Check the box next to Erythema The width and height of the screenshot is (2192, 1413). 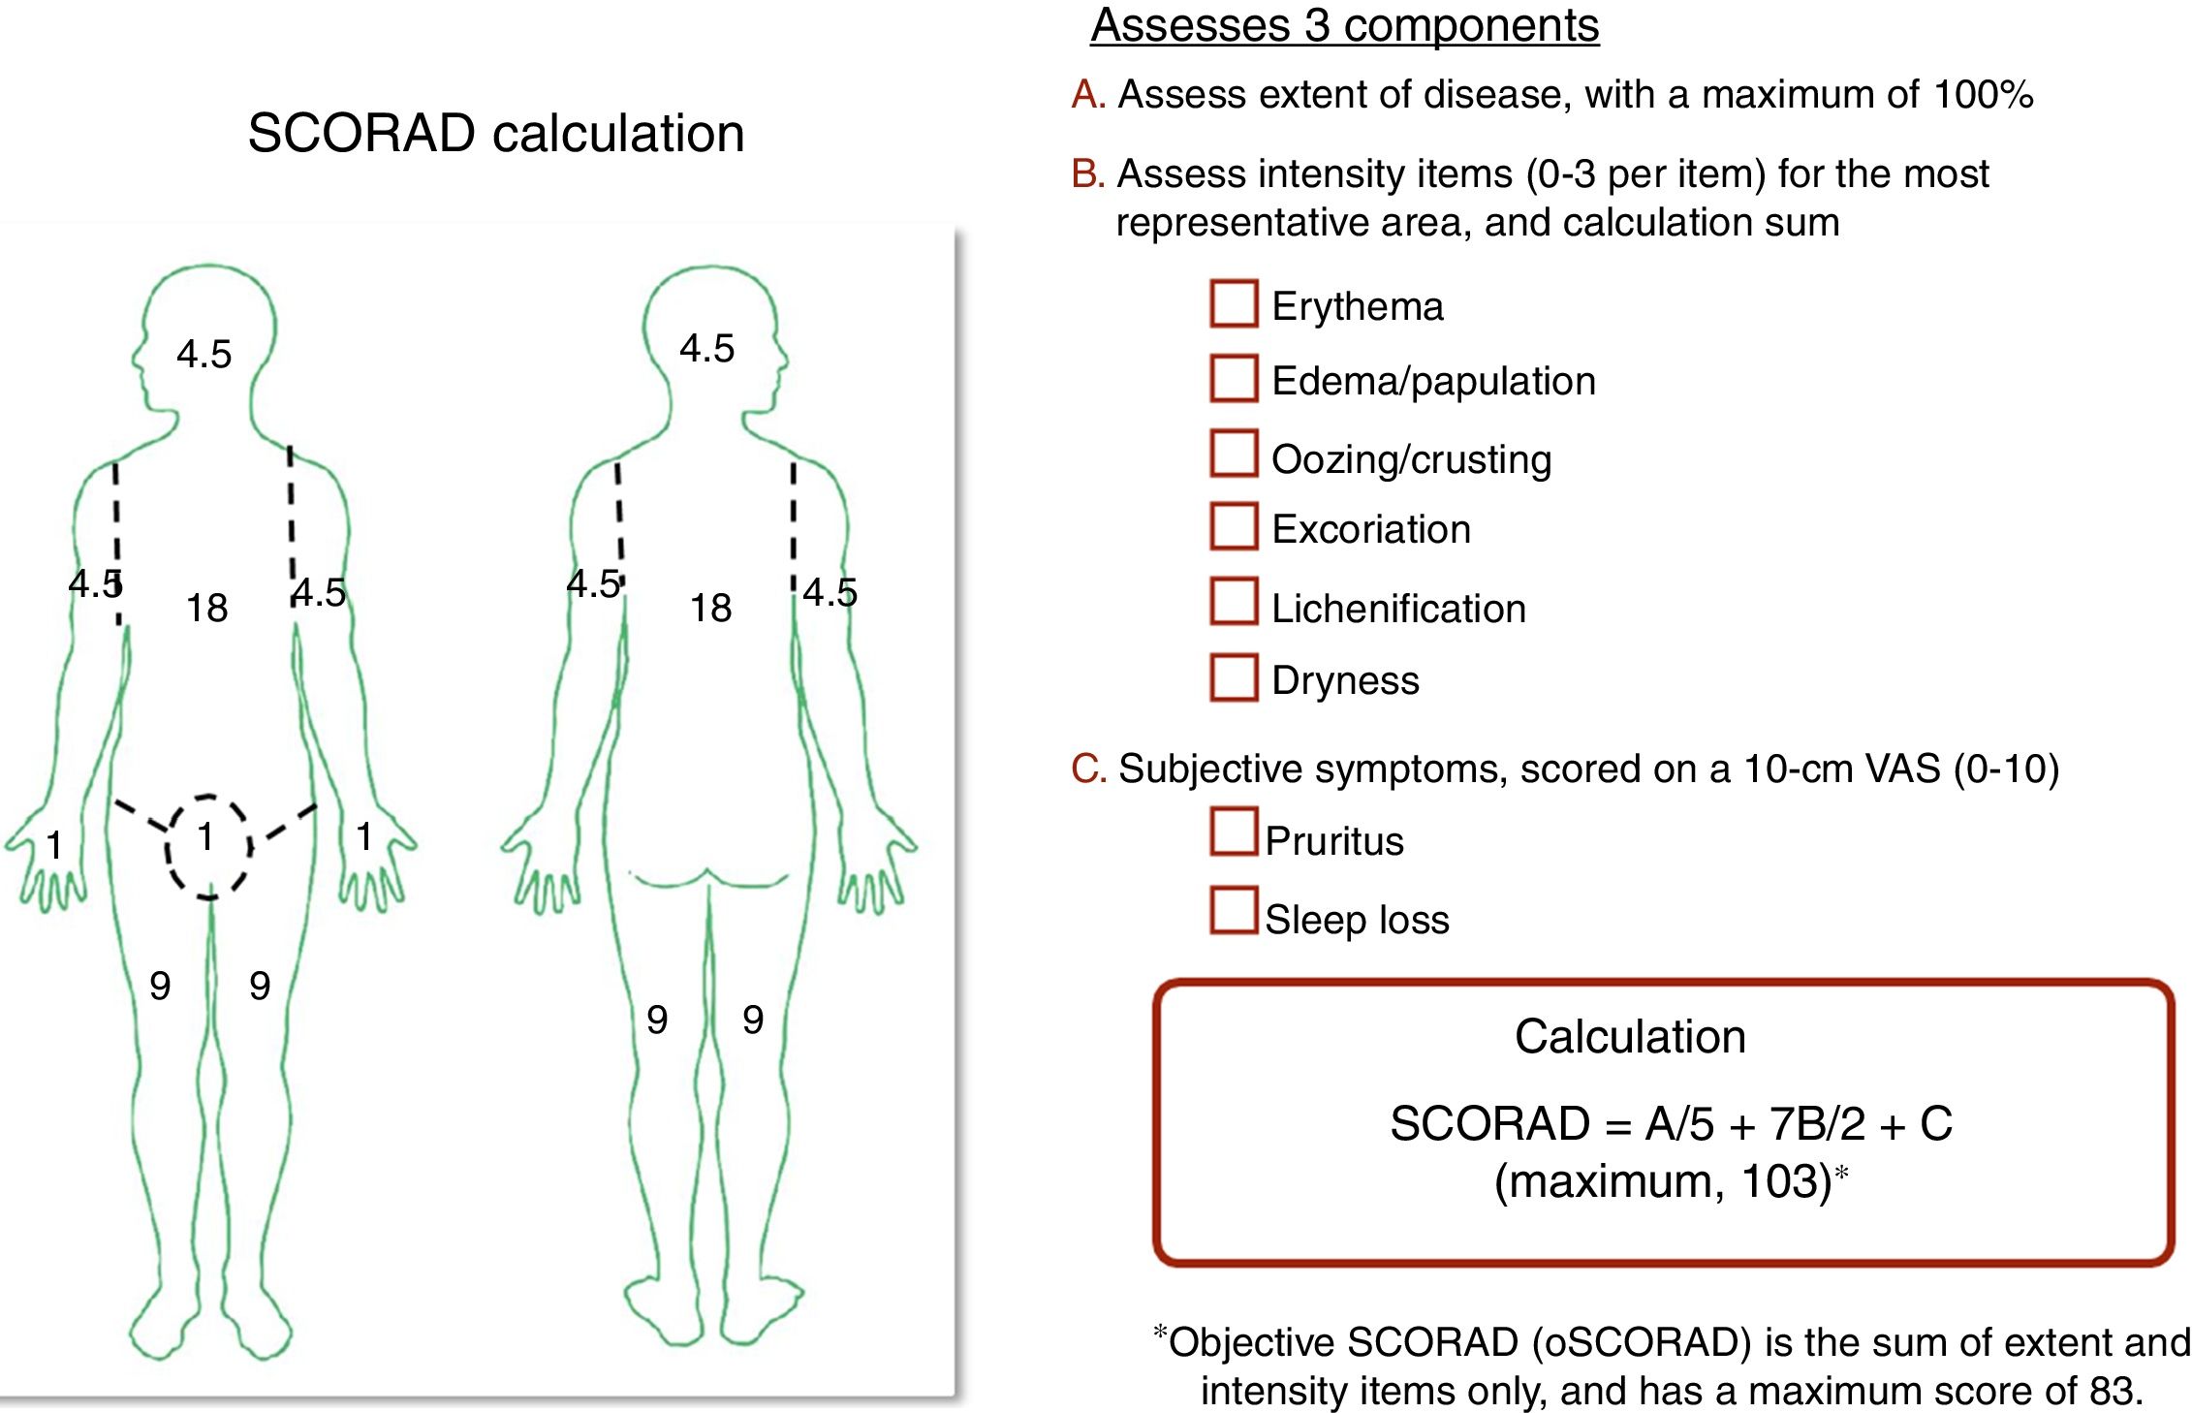(1234, 303)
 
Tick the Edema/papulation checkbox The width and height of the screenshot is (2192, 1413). (1234, 378)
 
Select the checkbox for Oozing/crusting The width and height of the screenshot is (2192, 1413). (1234, 454)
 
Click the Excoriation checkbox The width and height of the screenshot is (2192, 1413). (1234, 526)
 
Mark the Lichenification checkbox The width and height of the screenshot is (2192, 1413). (1234, 602)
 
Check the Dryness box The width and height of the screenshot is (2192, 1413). (1234, 677)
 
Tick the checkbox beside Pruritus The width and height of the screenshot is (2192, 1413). (1234, 832)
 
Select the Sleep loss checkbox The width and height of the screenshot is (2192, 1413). (1234, 911)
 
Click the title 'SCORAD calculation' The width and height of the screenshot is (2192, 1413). (495, 133)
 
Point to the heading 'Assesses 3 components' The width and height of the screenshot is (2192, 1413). (1344, 25)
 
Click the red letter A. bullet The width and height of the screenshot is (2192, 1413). (1088, 95)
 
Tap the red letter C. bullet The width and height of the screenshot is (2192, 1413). (1088, 769)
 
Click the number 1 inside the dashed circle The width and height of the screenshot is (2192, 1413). (205, 837)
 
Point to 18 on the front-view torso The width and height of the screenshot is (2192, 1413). (206, 609)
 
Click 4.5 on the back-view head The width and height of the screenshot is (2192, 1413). (706, 349)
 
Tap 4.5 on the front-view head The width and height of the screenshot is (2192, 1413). (204, 355)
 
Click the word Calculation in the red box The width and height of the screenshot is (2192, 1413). (1630, 1037)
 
